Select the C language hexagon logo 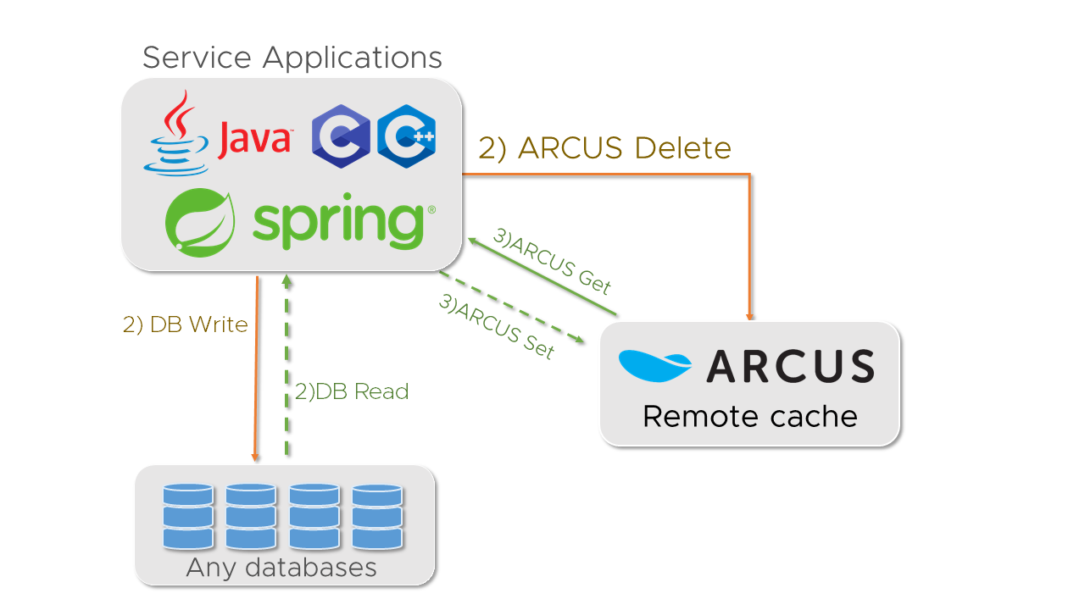341,136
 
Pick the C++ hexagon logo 407,136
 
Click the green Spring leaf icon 200,222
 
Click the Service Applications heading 292,58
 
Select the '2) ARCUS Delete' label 604,148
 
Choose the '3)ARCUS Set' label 497,326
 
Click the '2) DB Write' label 186,324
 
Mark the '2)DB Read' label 352,391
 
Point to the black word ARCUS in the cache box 790,366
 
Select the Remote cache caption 749,416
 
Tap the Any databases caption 281,567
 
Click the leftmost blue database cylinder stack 187,516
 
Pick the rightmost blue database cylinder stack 376,516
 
